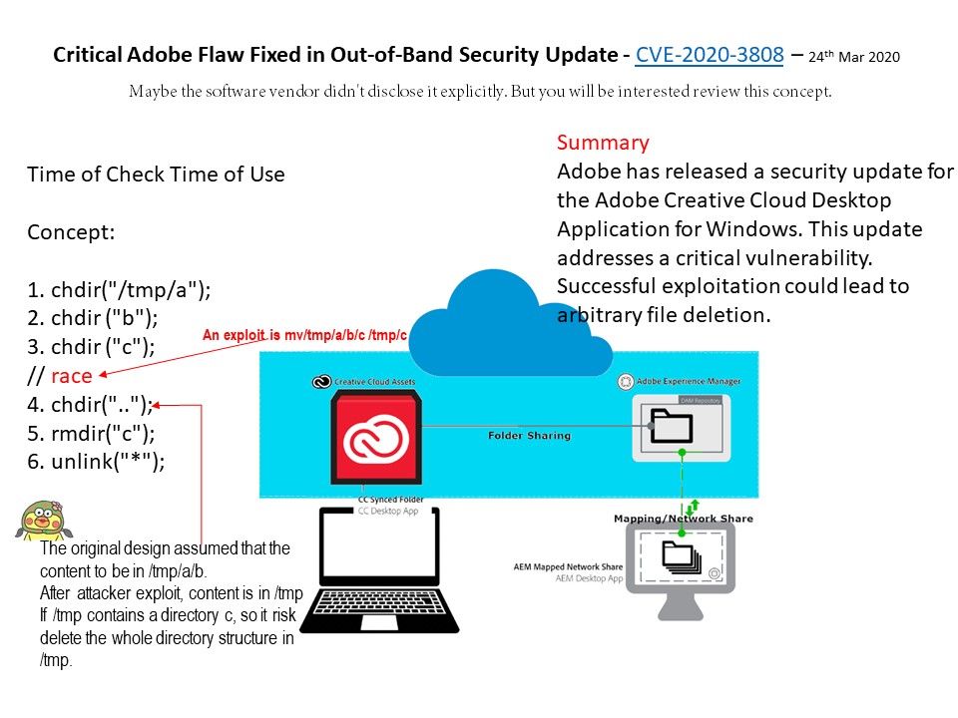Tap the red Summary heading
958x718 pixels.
click(x=603, y=142)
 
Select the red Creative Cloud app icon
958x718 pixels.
click(x=374, y=439)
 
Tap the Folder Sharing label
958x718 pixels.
click(x=529, y=436)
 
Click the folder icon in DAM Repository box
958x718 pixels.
click(x=672, y=425)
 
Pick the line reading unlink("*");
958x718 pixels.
click(x=96, y=462)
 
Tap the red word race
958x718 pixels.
click(x=72, y=376)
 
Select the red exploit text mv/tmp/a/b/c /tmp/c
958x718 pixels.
click(x=304, y=336)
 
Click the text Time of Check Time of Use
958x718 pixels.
click(x=156, y=175)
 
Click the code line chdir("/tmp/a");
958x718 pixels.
click(x=119, y=290)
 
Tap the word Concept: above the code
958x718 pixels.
click(x=71, y=232)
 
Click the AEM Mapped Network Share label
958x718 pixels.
click(x=568, y=566)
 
